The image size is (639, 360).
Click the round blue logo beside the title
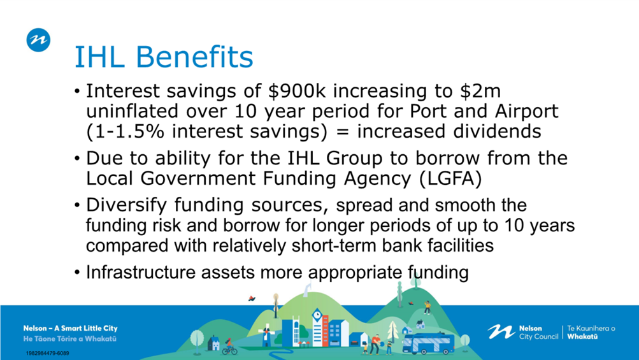(x=38, y=40)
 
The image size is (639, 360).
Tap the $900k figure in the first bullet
(x=297, y=91)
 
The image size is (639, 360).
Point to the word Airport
(x=526, y=112)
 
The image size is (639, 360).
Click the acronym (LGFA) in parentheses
(x=450, y=178)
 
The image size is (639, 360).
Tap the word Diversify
(x=126, y=205)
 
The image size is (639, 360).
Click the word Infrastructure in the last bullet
(x=141, y=272)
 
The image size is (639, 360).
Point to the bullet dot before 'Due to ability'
(x=78, y=158)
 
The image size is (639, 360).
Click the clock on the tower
(x=317, y=315)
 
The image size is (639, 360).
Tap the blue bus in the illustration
(x=428, y=343)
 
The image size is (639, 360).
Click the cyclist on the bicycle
(x=230, y=347)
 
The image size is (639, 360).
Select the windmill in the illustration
(x=266, y=335)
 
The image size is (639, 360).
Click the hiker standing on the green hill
(x=427, y=307)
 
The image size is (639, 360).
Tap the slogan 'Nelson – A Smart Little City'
(x=71, y=328)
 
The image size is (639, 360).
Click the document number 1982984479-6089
(x=47, y=353)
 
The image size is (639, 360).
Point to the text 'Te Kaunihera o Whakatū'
(x=591, y=332)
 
